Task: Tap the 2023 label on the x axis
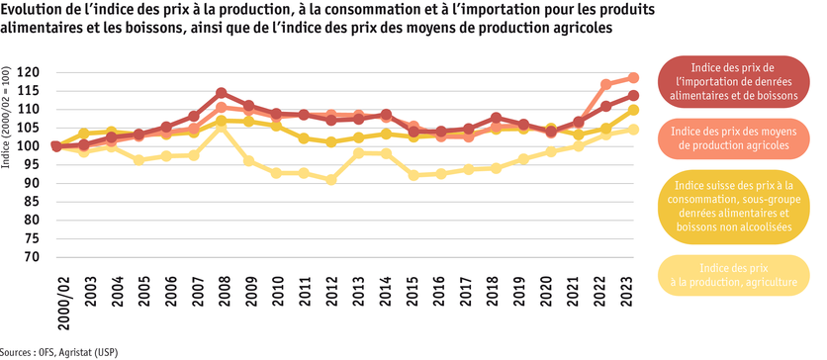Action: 633,282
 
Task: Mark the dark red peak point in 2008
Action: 222,93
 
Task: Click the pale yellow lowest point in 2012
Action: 331,180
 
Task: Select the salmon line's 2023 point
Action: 633,78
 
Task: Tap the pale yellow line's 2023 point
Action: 633,130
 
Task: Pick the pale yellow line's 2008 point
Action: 222,128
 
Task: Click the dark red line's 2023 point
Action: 633,96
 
